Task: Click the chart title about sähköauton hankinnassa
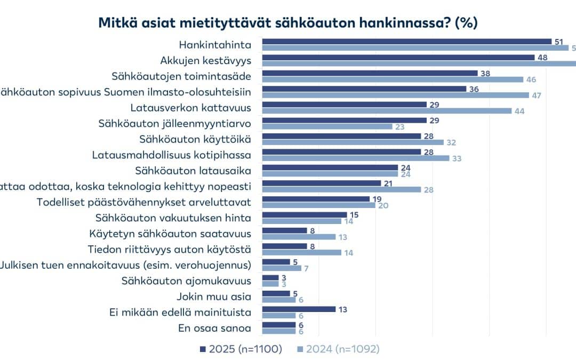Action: (287, 23)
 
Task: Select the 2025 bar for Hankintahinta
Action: (406, 41)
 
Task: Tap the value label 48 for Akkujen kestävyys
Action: (543, 57)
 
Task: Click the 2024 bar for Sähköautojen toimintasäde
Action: (393, 79)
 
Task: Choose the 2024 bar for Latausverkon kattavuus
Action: (387, 111)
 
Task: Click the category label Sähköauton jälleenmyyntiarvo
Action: (175, 123)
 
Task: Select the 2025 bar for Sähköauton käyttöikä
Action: (341, 136)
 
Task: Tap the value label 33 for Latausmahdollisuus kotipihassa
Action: (457, 158)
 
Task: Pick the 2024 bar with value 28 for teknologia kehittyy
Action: (341, 190)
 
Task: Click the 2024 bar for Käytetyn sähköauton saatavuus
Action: (299, 237)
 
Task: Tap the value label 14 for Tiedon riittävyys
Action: (349, 253)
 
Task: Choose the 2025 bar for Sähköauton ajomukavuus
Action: (270, 277)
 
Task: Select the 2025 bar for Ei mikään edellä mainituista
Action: (299, 309)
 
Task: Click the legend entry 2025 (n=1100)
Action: (241, 349)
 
